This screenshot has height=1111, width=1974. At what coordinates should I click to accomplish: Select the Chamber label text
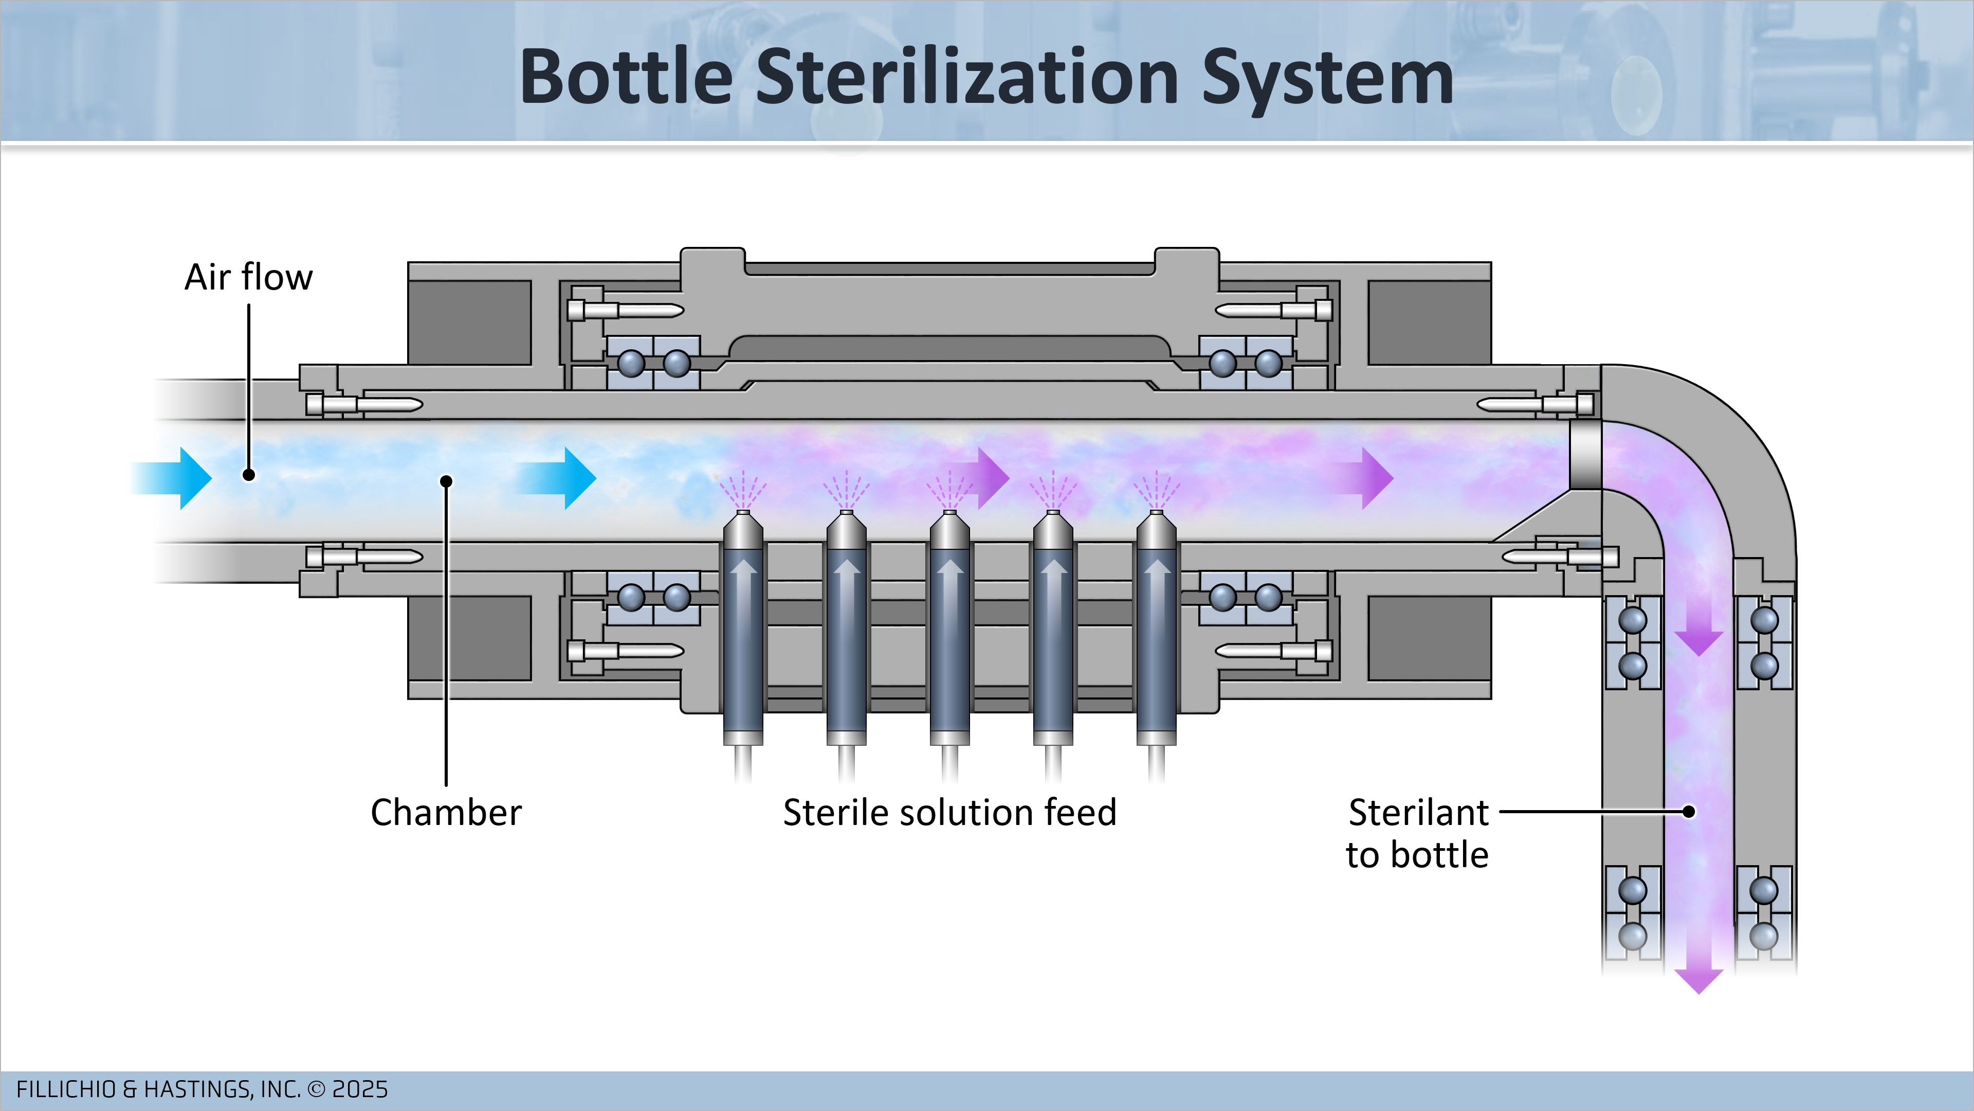(x=446, y=812)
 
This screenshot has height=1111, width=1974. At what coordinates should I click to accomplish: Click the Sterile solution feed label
(x=949, y=812)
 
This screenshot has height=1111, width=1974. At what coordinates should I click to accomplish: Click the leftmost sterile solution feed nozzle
(x=743, y=629)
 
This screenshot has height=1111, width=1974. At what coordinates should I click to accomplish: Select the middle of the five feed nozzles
(x=949, y=629)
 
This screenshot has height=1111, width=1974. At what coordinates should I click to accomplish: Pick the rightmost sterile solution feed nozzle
(x=1156, y=629)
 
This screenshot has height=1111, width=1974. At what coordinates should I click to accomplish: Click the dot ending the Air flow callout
(x=248, y=475)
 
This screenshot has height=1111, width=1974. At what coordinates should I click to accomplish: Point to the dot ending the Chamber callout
(x=446, y=481)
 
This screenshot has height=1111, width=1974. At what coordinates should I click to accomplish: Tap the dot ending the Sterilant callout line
(x=1689, y=811)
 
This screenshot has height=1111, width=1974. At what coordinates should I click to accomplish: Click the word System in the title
(x=1327, y=78)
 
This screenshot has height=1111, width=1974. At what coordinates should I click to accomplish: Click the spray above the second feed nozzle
(x=846, y=489)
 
